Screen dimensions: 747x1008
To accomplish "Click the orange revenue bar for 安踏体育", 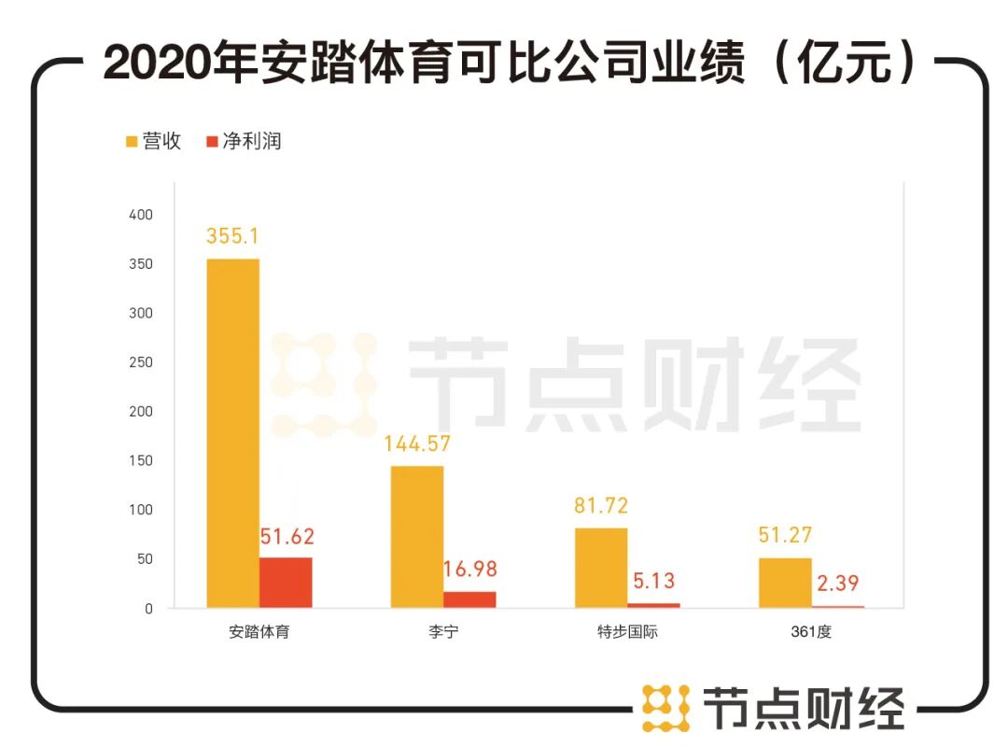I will point(232,433).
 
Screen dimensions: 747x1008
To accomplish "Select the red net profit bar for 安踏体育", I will point(286,583).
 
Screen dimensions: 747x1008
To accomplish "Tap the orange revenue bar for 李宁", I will point(416,537).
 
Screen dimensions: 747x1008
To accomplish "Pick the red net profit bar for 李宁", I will point(469,599).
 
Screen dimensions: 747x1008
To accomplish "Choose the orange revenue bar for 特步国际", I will point(601,568).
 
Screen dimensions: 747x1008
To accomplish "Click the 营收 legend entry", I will point(153,141).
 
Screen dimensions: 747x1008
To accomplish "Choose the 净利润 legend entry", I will point(243,141).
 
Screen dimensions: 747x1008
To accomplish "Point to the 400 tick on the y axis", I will point(140,215).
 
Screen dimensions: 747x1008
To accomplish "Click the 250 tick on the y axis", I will point(140,362).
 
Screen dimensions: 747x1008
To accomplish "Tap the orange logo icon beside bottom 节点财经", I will point(665,707).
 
